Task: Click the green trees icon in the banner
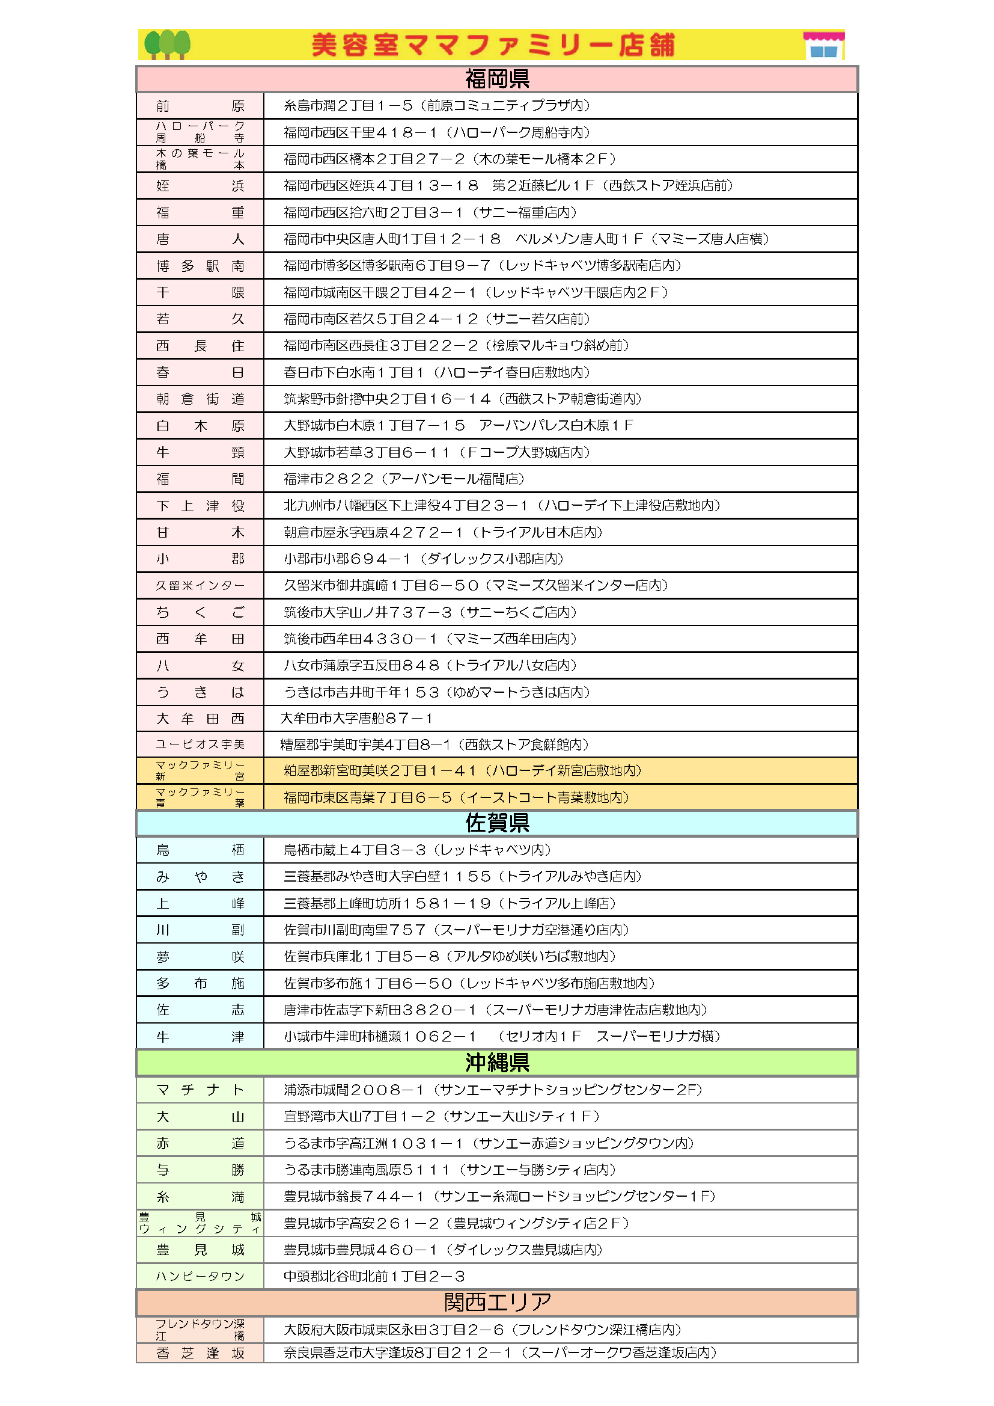point(166,45)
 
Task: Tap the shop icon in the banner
point(823,45)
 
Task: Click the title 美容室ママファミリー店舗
point(493,45)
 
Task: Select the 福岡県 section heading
point(497,79)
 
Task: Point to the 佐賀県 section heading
point(497,823)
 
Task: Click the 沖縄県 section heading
point(497,1063)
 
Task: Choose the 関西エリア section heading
point(497,1303)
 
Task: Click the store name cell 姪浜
point(200,186)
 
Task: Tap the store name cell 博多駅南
point(200,266)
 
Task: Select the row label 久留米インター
point(200,585)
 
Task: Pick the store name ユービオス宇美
point(200,744)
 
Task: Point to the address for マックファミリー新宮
point(462,770)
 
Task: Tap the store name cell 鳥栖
point(200,850)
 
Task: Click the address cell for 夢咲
point(450,957)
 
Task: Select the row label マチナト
point(200,1090)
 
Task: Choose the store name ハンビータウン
point(200,1276)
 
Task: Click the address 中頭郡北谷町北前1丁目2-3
point(374,1276)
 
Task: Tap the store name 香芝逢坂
point(200,1353)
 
